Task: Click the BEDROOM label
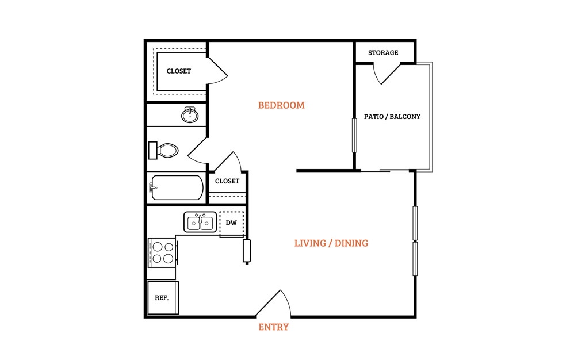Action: click(x=281, y=105)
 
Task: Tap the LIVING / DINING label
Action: click(x=331, y=243)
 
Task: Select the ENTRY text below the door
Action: click(x=273, y=327)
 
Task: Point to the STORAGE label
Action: click(x=383, y=53)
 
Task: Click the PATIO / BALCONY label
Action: click(x=392, y=117)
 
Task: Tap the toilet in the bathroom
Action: click(x=163, y=150)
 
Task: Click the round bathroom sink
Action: click(x=190, y=115)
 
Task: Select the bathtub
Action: click(x=177, y=187)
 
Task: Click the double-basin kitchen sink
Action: click(x=200, y=222)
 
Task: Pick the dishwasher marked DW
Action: click(x=231, y=223)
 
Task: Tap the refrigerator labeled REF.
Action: click(x=163, y=298)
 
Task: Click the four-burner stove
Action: click(x=163, y=253)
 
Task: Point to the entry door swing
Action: click(x=273, y=303)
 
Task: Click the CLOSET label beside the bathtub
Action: click(x=227, y=181)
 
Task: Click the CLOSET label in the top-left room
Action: click(x=179, y=71)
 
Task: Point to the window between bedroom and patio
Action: click(x=354, y=135)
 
